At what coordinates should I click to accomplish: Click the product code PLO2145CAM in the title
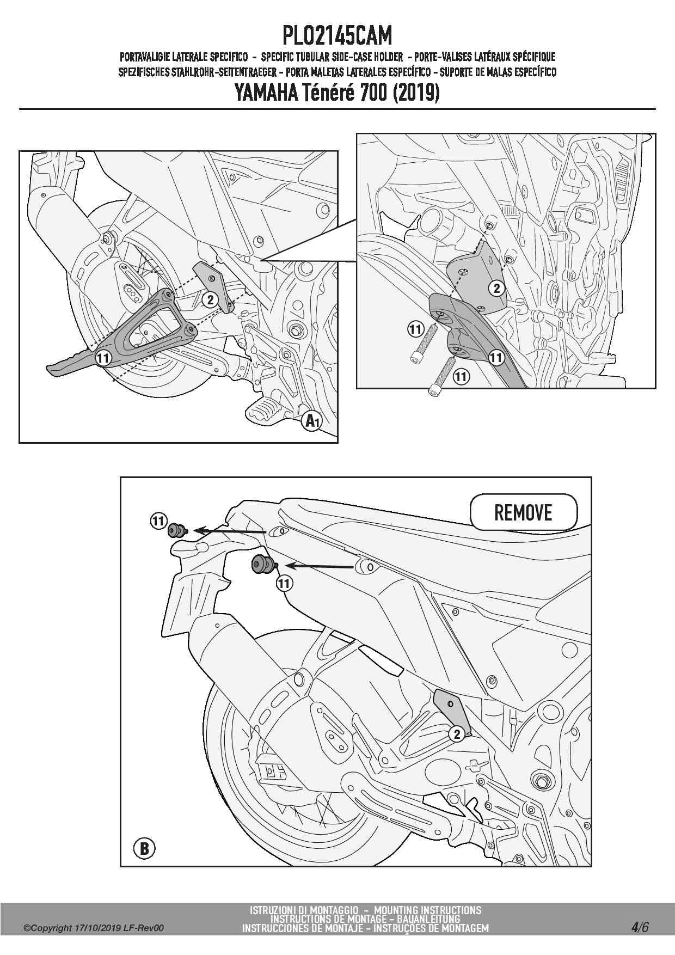point(337,36)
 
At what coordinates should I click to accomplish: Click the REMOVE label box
point(523,512)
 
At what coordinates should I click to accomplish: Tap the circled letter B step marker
point(144,848)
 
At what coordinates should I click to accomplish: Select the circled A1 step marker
point(312,420)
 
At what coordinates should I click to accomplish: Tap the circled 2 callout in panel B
point(457,734)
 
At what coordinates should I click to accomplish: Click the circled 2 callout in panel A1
point(210,299)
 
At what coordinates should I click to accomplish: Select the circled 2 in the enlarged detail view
point(496,288)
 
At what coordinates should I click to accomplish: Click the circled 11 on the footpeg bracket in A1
point(103,358)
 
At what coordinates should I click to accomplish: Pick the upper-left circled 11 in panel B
point(158,521)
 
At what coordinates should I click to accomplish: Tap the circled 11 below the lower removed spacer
point(284,584)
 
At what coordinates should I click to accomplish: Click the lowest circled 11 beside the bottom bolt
point(461,376)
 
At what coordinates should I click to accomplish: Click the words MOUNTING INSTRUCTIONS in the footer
point(428,910)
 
